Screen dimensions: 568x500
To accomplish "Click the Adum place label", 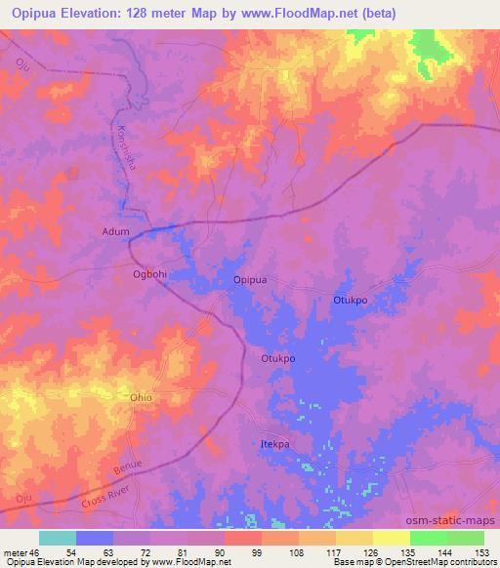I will [115, 232].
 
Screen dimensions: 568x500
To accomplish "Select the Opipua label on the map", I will [250, 281].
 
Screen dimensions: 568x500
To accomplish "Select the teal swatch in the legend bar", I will [58, 538].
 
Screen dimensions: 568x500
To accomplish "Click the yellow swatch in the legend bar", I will [391, 538].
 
